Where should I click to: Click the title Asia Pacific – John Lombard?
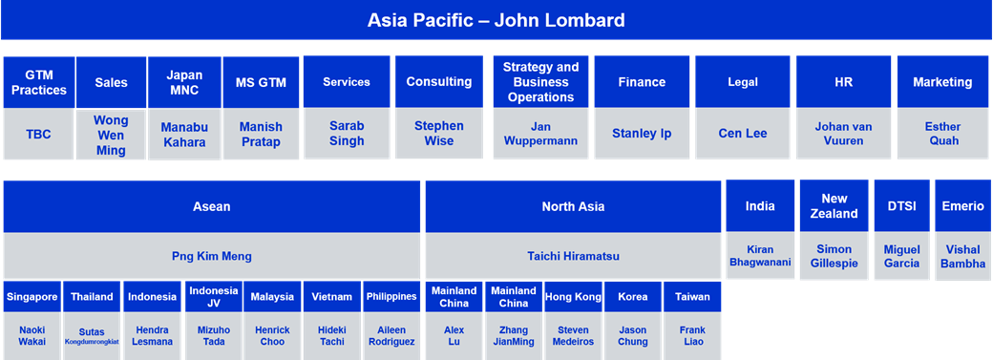coord(496,20)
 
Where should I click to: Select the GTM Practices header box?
coord(38,82)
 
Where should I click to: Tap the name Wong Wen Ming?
coord(111,135)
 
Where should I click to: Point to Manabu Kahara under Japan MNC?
coord(184,135)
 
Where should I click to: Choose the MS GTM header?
coord(261,82)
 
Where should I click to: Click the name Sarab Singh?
coord(347,133)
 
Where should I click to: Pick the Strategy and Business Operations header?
coord(540,82)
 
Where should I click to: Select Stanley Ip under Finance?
coord(642,134)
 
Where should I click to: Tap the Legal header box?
coord(743,82)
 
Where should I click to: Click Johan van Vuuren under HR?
coord(843,133)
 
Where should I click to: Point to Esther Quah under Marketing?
coord(943,133)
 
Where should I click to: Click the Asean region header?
coord(212,206)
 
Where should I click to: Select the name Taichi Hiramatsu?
coord(573,256)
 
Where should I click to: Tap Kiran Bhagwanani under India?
coord(760,255)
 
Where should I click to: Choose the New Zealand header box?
coord(835,206)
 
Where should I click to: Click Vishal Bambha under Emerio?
coord(962,256)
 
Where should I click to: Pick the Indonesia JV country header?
coord(214,297)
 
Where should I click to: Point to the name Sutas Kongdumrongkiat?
coord(92,336)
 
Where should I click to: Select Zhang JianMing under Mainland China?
coord(513,336)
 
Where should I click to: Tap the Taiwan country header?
coord(692,297)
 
